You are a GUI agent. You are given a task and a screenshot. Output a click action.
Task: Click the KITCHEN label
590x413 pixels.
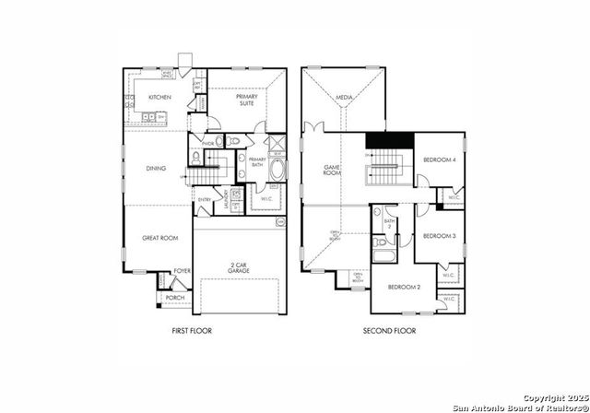pos(160,97)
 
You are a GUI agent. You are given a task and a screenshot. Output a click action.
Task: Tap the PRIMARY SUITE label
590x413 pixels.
pos(247,100)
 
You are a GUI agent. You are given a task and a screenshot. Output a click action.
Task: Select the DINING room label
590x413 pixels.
pos(157,169)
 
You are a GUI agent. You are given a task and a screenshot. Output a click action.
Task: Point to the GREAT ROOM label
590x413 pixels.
pos(159,238)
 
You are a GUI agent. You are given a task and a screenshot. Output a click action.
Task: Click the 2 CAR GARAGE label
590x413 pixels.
pos(239,267)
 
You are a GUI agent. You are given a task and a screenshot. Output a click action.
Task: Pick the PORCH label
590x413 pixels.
pos(174,299)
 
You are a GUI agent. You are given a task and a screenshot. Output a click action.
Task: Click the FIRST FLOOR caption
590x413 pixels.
pos(192,330)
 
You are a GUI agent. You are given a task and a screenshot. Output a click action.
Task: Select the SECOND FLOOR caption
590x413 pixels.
pos(389,330)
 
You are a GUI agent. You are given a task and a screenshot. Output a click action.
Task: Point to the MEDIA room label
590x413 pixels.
pos(345,97)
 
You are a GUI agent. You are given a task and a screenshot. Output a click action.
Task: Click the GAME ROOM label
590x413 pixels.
pos(332,171)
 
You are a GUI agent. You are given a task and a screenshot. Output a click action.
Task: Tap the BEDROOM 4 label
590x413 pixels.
pos(439,160)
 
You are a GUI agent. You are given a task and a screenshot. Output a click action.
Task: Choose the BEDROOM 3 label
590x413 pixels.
pos(439,236)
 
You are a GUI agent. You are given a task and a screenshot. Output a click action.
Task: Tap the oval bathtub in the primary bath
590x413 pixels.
pos(277,171)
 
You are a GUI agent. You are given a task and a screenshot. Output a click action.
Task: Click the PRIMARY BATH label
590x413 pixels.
pos(256,162)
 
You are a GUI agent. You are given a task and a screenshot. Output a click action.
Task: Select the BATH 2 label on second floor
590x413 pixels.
pos(389,223)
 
